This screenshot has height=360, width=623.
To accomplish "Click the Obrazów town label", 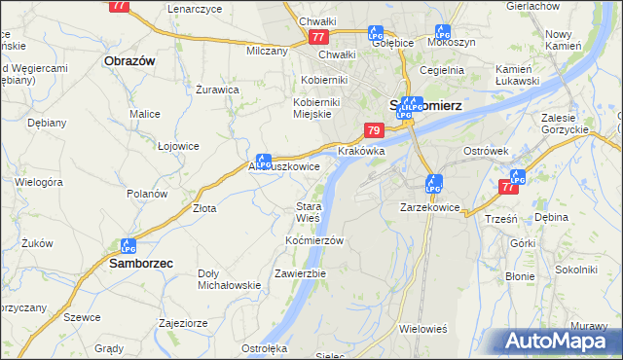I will coord(129,60).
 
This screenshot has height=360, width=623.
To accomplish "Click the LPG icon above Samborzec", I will coord(128,246).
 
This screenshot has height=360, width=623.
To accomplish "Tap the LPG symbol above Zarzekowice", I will coord(434,182).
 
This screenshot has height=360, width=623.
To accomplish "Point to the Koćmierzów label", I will coord(316,240).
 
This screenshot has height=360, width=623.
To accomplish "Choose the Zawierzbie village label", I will coord(300,273).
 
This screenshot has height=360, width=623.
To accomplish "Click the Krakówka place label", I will coord(362,152).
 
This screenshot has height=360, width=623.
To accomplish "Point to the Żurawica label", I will coord(217,90).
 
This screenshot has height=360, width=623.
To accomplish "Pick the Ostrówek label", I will coord(487,152).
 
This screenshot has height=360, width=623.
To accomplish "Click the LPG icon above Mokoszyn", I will coord(443,31).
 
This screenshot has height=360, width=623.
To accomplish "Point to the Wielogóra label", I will coord(39,182).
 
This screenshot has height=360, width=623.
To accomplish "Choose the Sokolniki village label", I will coord(574,269).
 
